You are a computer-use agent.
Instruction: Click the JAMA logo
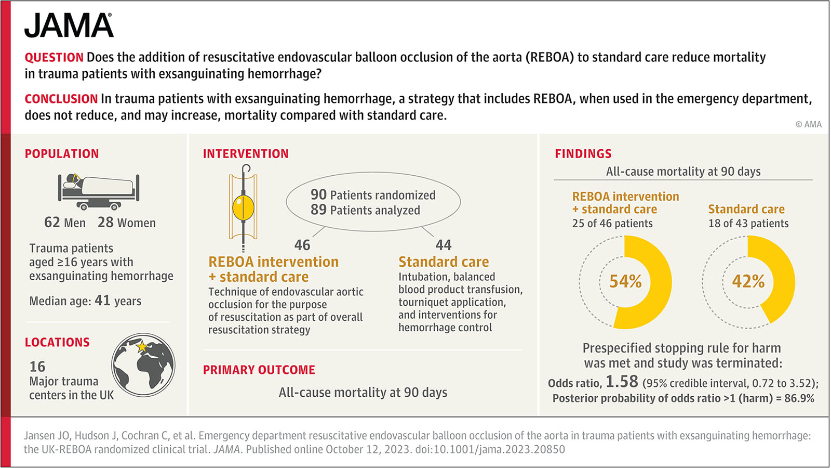click(69, 25)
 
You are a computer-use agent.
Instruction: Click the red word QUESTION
click(54, 58)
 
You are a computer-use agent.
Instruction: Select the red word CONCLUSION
click(61, 99)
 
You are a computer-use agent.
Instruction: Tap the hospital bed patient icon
click(99, 191)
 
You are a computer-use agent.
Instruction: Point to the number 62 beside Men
click(52, 223)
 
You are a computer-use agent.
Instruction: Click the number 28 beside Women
click(106, 223)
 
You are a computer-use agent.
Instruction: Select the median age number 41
click(102, 300)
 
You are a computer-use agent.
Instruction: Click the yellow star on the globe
click(142, 346)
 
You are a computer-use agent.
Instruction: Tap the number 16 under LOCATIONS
click(37, 367)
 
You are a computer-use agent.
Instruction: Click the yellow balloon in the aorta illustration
click(243, 207)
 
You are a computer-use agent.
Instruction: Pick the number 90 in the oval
click(319, 194)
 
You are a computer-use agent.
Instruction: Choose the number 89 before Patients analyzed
click(319, 210)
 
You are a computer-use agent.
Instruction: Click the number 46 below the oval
click(302, 245)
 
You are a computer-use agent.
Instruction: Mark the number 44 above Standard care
click(444, 245)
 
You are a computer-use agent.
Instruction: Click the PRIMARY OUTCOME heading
click(259, 370)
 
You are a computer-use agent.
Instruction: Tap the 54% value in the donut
click(625, 281)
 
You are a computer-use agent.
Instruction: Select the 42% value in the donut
click(748, 281)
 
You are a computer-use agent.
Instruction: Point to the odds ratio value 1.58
click(622, 382)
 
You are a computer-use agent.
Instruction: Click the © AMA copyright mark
click(809, 124)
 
